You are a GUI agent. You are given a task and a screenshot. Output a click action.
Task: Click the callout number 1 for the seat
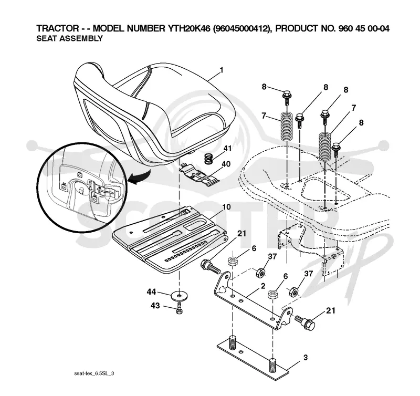(221, 70)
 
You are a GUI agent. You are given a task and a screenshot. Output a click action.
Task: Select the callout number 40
(226, 164)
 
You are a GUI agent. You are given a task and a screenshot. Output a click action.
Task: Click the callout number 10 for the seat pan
(226, 207)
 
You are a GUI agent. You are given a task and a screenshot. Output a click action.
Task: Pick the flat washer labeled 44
(179, 296)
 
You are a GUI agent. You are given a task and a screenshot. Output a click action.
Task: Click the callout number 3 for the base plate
(306, 358)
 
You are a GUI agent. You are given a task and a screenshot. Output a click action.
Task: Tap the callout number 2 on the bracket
(263, 286)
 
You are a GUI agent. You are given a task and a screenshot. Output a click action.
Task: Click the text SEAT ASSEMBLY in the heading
(69, 38)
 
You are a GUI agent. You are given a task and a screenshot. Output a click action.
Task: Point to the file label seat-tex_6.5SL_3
(94, 373)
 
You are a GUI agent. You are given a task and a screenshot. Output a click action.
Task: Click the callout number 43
(155, 306)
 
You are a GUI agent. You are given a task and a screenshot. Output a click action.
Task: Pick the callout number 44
(151, 291)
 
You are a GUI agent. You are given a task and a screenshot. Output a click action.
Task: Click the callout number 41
(227, 148)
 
